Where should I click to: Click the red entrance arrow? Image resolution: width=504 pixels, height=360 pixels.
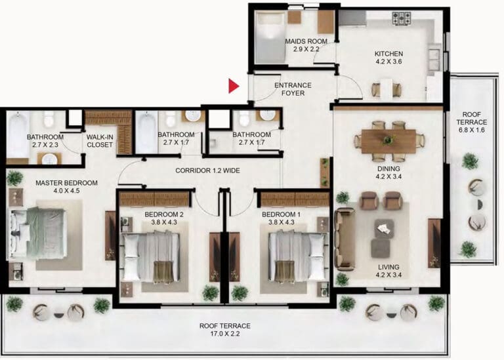coord(234,86)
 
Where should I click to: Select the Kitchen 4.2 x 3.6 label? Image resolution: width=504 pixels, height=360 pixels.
coord(388,58)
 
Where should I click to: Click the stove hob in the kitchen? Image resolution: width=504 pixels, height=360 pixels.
coord(402,18)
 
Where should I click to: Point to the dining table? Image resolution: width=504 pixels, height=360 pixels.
coord(388,141)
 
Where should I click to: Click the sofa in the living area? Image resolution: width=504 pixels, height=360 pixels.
coord(345,239)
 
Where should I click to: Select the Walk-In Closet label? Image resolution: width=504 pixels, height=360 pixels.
coord(100,141)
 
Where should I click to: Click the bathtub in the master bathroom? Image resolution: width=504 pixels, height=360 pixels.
coord(18,135)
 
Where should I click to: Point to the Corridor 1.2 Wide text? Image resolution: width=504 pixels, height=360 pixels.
coord(207,170)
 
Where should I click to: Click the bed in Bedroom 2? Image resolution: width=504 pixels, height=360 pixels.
coord(150,256)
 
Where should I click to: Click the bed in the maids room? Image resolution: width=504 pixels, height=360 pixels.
coord(270,38)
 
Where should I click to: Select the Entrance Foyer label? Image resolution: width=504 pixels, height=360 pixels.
coord(293,89)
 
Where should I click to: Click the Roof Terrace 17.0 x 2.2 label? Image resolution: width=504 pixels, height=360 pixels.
coord(225,330)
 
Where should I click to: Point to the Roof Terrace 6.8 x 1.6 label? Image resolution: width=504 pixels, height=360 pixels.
coord(472,123)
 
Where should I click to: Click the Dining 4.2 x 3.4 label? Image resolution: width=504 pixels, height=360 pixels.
coord(388,172)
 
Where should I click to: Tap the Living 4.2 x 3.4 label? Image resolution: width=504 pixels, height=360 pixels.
coord(388,271)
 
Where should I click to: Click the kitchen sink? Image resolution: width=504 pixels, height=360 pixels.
coord(434,60)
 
